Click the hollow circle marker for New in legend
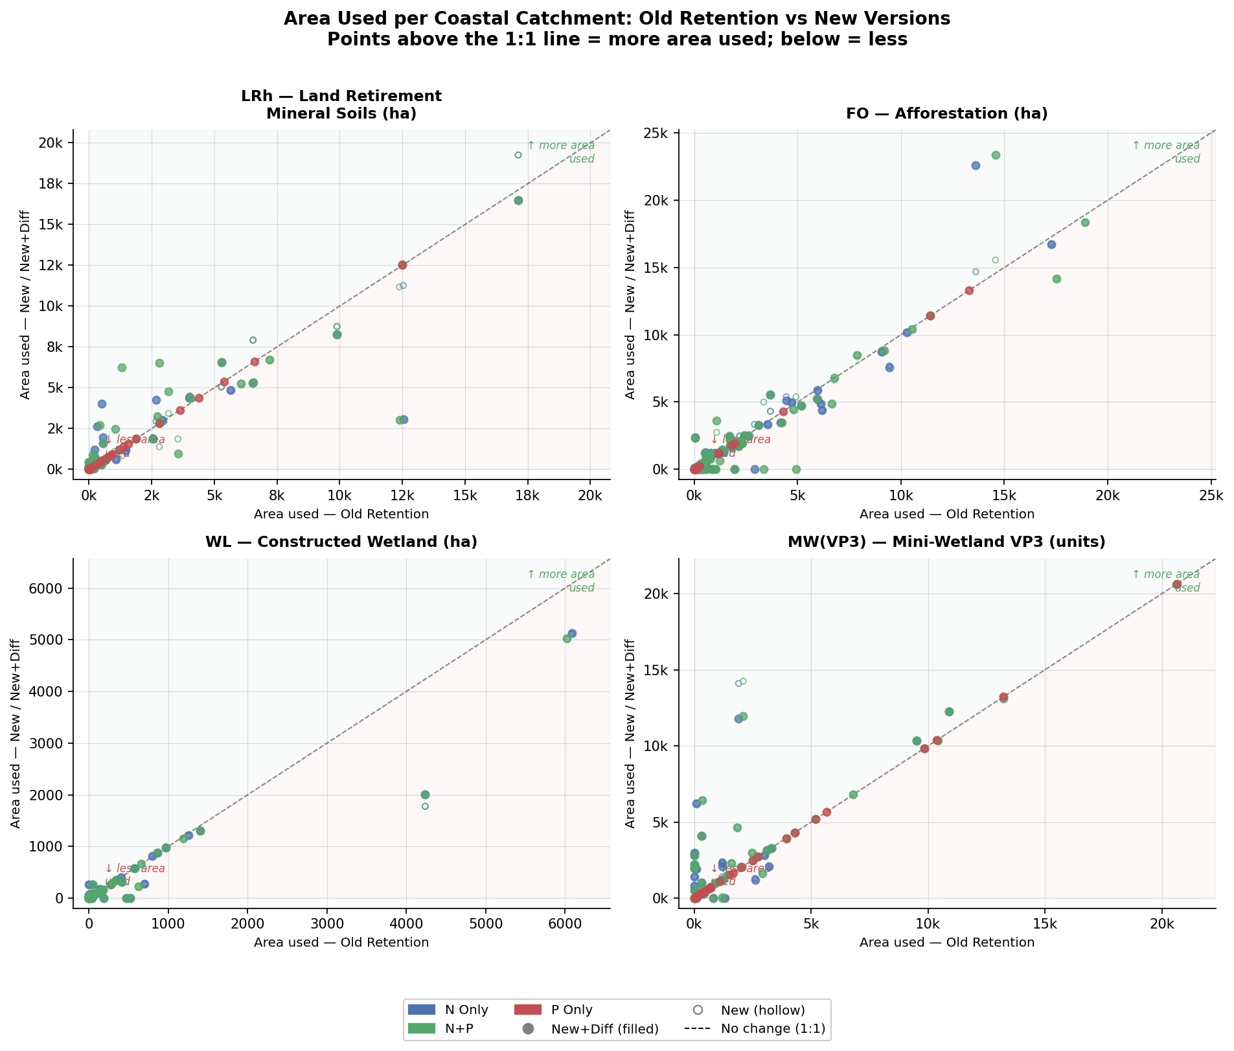698,1010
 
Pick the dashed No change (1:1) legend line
698,1029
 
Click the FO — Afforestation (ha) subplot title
946,114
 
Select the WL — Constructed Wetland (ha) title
341,542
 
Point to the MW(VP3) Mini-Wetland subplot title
946,542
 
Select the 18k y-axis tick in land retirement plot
51,183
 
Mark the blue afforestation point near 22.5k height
976,166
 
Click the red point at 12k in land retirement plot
402,265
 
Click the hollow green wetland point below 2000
425,807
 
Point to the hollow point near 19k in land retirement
518,155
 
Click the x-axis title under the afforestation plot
946,514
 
